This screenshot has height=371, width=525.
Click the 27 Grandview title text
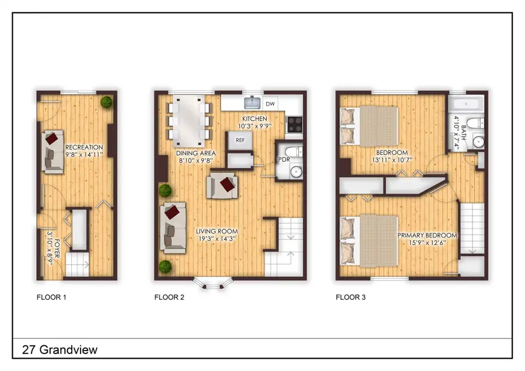coord(60,350)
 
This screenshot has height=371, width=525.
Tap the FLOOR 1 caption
coord(51,297)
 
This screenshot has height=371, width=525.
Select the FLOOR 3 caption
coord(351,297)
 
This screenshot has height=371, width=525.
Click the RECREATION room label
coord(84,147)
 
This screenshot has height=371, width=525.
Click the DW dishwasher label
coord(269,104)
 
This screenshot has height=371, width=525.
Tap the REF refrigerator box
coord(240,140)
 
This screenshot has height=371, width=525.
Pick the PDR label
coord(285,159)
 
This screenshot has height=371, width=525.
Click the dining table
coord(189,121)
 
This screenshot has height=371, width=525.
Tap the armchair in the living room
coord(223,185)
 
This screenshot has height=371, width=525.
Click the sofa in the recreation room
coord(52,151)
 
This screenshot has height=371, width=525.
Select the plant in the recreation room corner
coord(106,102)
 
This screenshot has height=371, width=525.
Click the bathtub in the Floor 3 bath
coord(465,105)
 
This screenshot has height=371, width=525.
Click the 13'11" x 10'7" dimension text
coord(391,160)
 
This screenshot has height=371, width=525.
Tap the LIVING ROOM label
coord(217,230)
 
